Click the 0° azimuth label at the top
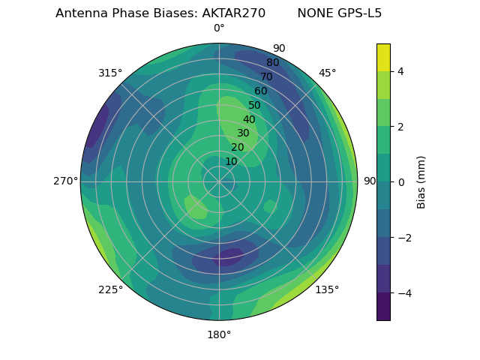point(219,28)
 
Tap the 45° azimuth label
point(328,73)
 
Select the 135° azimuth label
point(327,289)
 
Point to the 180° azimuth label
point(219,334)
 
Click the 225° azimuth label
point(110,289)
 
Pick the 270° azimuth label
point(66,181)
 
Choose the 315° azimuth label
point(110,73)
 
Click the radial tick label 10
point(231,161)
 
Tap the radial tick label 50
point(255,105)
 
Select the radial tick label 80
point(273,62)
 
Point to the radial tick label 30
point(243,133)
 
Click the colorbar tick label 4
point(401,71)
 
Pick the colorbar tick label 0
point(401,181)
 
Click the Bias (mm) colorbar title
point(421,181)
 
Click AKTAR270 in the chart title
point(233,13)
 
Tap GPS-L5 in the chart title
point(361,13)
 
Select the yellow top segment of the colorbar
point(383,57)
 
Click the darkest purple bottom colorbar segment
point(383,307)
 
